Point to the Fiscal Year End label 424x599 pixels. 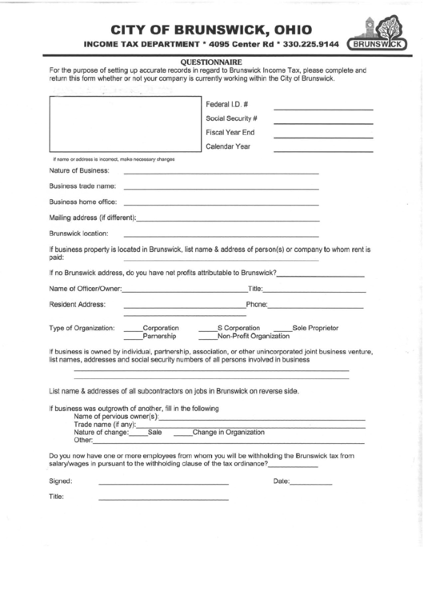(230, 132)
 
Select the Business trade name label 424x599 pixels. (83, 186)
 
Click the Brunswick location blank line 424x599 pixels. (221, 235)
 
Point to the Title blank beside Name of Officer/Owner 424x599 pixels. (313, 290)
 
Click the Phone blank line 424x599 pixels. (315, 306)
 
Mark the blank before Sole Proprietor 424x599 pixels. (282, 329)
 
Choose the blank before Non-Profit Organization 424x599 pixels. (206, 337)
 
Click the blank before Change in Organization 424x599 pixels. (182, 433)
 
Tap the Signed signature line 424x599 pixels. (162, 484)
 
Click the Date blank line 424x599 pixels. (311, 484)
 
